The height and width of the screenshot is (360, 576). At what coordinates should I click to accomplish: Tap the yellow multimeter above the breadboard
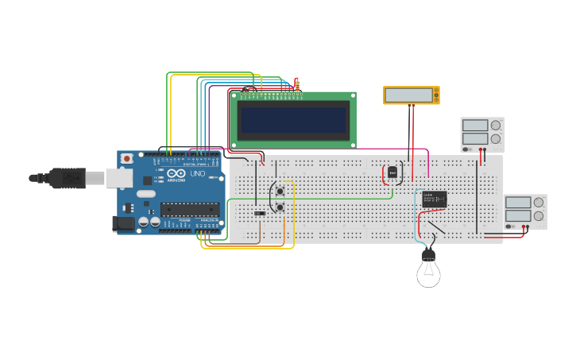tap(411, 95)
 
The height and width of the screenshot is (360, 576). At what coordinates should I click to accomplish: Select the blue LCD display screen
tap(293, 121)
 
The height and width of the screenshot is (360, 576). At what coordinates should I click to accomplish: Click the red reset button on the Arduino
tap(126, 159)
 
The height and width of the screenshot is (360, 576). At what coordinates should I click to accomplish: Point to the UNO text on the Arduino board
tap(197, 173)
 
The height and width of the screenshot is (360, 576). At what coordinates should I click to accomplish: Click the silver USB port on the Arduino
tap(119, 178)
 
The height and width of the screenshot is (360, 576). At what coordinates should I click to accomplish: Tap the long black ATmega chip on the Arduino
tap(190, 210)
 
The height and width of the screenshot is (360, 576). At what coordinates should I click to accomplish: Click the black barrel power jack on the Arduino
tap(124, 223)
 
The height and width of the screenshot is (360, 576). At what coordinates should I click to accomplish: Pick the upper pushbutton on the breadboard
tap(280, 190)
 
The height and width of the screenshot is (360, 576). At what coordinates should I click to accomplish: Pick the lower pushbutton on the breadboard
tap(280, 207)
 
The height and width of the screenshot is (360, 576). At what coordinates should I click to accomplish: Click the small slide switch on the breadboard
tap(260, 213)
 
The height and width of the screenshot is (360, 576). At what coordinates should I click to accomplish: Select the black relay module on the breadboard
tap(434, 199)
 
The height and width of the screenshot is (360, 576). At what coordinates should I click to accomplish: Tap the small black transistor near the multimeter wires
tap(392, 172)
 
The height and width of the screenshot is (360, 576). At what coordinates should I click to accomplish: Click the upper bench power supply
tap(482, 134)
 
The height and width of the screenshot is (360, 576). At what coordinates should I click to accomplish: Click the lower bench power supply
tap(525, 211)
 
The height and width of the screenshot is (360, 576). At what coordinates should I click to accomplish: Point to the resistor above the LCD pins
tap(297, 84)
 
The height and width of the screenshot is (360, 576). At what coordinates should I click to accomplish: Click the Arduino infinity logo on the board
tap(176, 173)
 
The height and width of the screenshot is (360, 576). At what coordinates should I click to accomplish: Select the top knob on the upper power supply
tap(496, 126)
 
